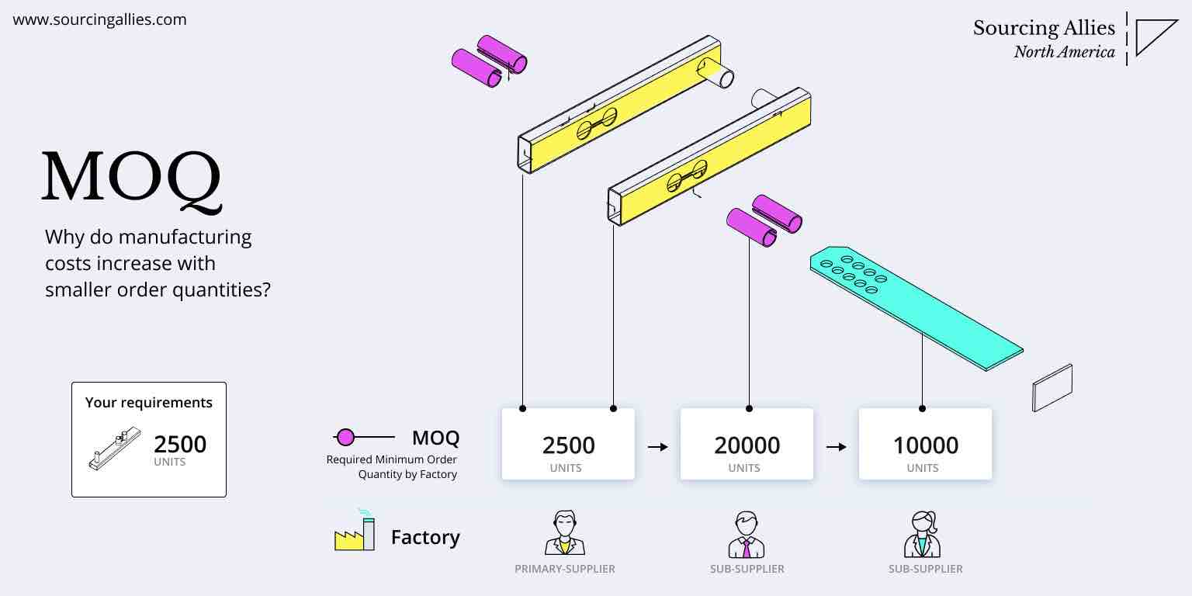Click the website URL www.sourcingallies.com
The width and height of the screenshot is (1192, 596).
pyautogui.click(x=99, y=20)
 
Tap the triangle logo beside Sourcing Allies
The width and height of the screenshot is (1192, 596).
pyautogui.click(x=1155, y=37)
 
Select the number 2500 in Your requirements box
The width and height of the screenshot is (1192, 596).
pyautogui.click(x=180, y=445)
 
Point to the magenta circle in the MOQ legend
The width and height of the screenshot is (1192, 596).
pyautogui.click(x=346, y=438)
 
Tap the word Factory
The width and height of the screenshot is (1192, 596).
pyautogui.click(x=425, y=537)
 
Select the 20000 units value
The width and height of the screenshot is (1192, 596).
pyautogui.click(x=747, y=445)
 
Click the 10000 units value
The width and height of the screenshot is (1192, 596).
pyautogui.click(x=925, y=445)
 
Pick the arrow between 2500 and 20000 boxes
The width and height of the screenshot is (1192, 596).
pyautogui.click(x=658, y=447)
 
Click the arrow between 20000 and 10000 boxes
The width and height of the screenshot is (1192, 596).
pyautogui.click(x=836, y=447)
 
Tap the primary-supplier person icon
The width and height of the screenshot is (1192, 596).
pyautogui.click(x=564, y=534)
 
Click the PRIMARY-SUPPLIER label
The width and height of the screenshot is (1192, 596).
pyautogui.click(x=564, y=569)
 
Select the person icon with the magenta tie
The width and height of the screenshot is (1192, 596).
pyautogui.click(x=747, y=535)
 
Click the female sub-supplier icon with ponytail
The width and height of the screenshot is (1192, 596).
pyautogui.click(x=923, y=534)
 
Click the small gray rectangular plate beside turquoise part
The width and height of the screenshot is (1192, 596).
pyautogui.click(x=1052, y=387)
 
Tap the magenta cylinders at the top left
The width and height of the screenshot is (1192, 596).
pyautogui.click(x=489, y=61)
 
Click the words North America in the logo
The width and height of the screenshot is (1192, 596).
pyautogui.click(x=1064, y=53)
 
